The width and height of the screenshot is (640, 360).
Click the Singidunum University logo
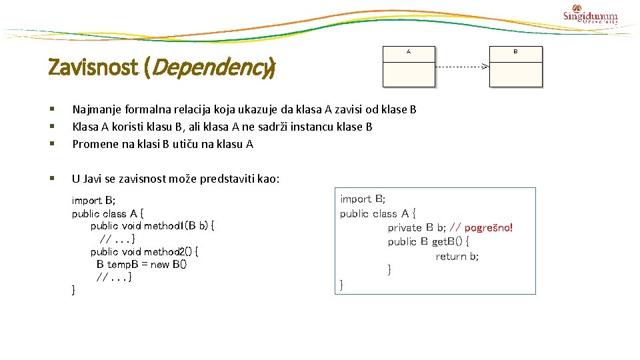pos(590,15)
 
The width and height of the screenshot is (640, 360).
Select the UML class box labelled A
pos(408,67)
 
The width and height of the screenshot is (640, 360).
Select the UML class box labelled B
pos(515,67)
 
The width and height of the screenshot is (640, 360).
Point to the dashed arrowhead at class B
pos(485,67)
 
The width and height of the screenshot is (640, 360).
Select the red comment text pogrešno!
pos(489,228)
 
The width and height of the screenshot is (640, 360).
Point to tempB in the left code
pos(122,264)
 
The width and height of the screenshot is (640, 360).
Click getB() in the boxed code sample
pos(450,242)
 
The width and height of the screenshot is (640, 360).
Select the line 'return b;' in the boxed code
pos(457,257)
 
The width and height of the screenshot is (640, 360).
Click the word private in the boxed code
pos(405,228)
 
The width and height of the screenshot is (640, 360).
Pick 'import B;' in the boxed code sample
pos(363,199)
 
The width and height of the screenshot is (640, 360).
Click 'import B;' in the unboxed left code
pos(93,201)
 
